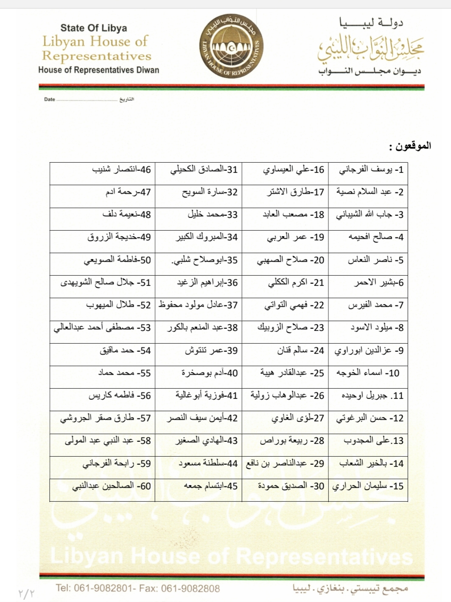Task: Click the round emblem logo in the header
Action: (232, 47)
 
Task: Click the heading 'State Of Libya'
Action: (93, 28)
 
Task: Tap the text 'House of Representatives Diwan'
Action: (98, 70)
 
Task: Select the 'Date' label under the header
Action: (50, 99)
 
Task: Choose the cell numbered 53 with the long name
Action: (102, 328)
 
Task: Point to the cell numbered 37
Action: (198, 305)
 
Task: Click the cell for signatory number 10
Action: (368, 373)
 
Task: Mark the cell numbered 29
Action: (285, 464)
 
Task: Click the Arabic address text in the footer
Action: (350, 588)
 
